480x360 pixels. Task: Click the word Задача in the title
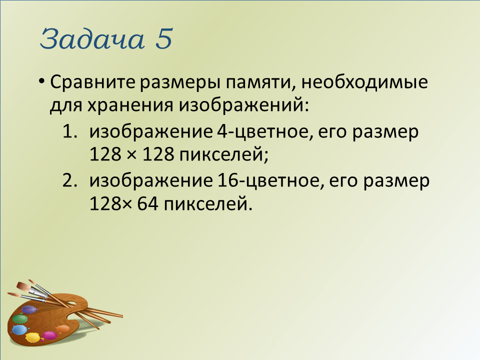92,39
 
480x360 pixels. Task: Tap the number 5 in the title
164,38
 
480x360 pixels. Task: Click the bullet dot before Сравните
42,82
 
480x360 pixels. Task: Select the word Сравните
92,82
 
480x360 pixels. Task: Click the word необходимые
364,82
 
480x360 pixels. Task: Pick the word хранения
130,105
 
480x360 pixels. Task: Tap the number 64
147,204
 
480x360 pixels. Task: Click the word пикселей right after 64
208,204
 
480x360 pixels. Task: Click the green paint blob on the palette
20,318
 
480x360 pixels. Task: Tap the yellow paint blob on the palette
32,337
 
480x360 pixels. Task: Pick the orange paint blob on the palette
63,329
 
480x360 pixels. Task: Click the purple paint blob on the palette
29,309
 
